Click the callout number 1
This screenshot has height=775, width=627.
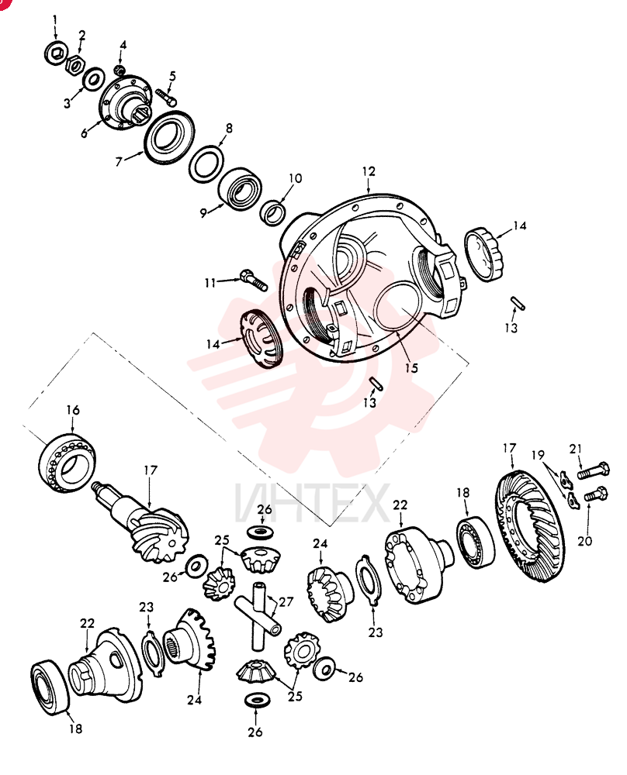[x=55, y=21]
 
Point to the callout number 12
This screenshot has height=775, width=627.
[x=369, y=171]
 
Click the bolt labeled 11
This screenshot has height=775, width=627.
[x=253, y=281]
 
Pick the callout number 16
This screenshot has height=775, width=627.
[x=72, y=410]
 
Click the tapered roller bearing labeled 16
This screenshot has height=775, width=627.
[x=67, y=462]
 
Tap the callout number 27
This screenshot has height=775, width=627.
[x=286, y=602]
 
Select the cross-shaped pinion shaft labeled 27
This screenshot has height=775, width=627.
[x=258, y=616]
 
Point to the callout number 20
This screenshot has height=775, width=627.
[x=585, y=541]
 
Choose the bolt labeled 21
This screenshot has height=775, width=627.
[x=594, y=470]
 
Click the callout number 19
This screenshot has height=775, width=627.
[x=538, y=454]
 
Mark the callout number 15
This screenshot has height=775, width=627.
[x=411, y=367]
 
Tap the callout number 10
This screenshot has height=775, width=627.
[x=295, y=178]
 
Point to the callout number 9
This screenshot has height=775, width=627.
[x=203, y=213]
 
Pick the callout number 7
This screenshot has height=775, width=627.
[x=119, y=161]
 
